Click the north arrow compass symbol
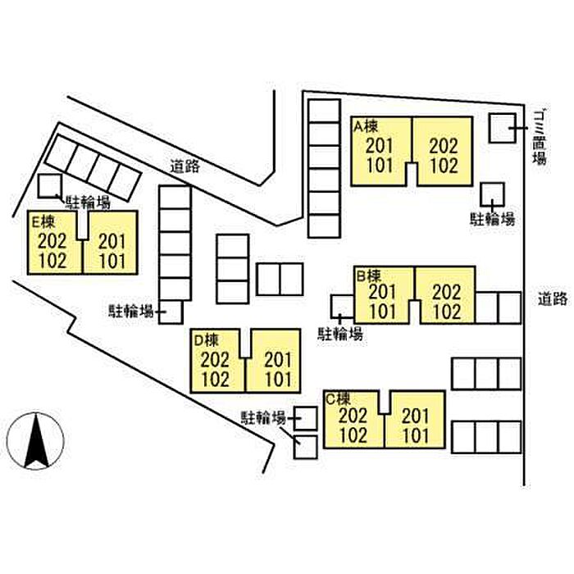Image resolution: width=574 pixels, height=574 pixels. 35,441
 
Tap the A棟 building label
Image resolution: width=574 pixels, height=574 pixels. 365,126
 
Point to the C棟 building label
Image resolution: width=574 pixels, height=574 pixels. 338,399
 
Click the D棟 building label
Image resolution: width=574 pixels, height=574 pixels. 205,338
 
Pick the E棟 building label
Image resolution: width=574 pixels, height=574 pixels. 43,221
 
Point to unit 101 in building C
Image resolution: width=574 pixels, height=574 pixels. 416,435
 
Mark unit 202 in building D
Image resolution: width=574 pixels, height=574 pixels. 215,360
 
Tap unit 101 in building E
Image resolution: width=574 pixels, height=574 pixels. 112,262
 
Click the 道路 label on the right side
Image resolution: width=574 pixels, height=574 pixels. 553,298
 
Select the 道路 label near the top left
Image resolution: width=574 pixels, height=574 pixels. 185,166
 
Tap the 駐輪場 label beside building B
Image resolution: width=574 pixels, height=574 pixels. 340,334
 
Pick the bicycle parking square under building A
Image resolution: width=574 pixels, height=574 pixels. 493,193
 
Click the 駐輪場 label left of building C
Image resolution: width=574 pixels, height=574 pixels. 263,417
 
